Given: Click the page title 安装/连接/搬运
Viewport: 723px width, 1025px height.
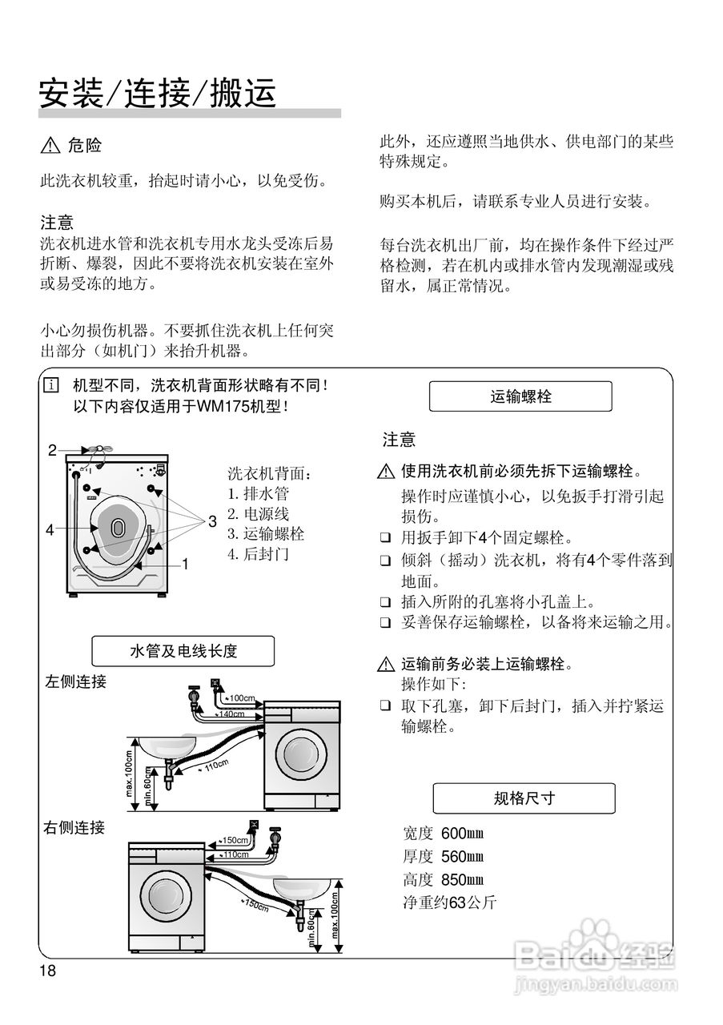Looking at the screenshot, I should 158,93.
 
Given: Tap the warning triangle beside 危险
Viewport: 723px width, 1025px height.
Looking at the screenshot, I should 50,146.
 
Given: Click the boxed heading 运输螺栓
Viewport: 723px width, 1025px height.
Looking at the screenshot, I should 520,396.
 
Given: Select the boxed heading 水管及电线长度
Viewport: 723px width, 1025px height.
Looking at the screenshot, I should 183,651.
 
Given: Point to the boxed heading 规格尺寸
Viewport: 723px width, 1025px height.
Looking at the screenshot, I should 524,798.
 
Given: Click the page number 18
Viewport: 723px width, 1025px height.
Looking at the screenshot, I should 47,971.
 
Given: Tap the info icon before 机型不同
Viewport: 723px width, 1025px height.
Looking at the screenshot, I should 52,386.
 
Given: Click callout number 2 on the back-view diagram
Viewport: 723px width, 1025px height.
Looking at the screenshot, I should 52,450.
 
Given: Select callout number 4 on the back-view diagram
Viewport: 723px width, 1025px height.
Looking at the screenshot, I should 50,529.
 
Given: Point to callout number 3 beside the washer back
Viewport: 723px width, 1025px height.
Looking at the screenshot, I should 212,521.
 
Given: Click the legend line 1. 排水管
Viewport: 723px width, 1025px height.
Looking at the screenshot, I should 259,494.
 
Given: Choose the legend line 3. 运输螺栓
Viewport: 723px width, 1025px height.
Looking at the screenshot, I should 266,534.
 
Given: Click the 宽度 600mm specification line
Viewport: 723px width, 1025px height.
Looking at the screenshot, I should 444,834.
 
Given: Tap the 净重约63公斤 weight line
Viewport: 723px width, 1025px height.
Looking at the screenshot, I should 450,902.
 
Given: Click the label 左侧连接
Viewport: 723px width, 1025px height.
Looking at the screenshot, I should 75,682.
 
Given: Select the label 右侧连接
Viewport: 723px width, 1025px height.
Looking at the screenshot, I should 74,827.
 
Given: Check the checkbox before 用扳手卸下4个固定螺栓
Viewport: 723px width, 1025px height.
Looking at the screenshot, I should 386,537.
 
